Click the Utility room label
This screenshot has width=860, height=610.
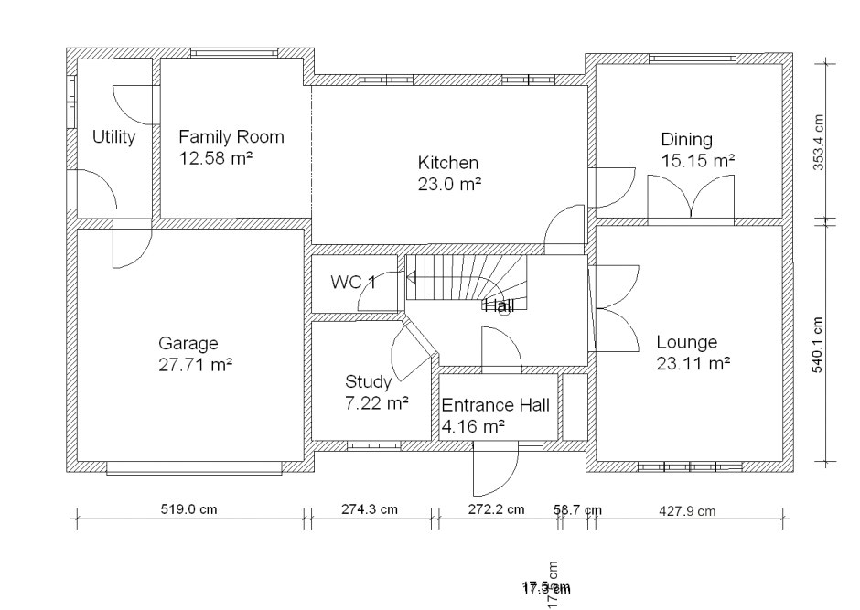click(114, 137)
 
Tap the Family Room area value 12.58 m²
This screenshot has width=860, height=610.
click(216, 157)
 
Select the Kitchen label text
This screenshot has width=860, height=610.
click(448, 164)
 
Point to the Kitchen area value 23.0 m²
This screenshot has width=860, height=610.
click(448, 183)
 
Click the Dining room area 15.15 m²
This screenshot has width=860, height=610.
click(698, 160)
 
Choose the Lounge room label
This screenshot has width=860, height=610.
click(686, 343)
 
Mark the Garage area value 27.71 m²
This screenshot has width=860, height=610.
click(195, 364)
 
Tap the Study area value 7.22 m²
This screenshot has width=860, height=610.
click(376, 401)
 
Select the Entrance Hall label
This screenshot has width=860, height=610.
click(496, 405)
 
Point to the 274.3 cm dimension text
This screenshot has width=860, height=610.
click(370, 509)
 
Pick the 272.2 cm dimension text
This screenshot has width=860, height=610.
click(496, 509)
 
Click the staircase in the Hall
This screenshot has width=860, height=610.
click(466, 277)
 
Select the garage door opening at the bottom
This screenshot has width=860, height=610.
click(194, 468)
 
